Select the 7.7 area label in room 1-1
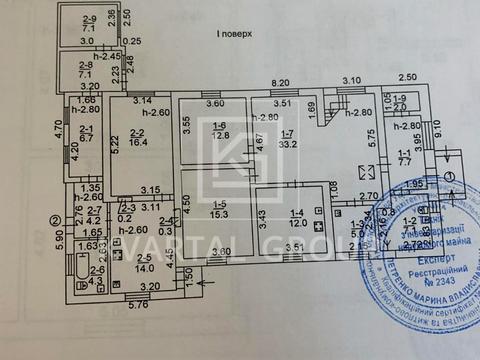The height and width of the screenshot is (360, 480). [x=405, y=160]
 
